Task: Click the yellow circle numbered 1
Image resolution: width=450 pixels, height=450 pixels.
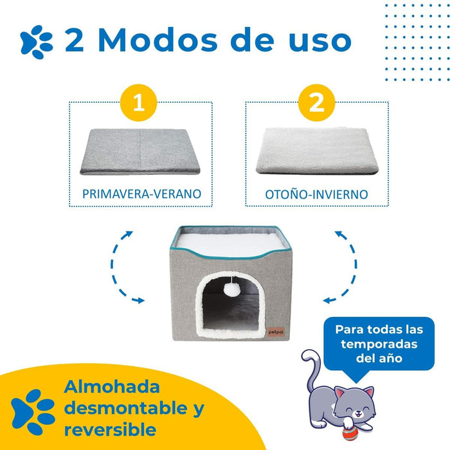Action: pyautogui.click(x=139, y=102)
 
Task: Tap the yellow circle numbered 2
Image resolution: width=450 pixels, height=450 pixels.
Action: pyautogui.click(x=316, y=102)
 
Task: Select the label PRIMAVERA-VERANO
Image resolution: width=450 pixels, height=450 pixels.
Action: pyautogui.click(x=142, y=194)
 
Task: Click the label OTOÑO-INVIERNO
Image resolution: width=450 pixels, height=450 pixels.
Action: pyautogui.click(x=316, y=194)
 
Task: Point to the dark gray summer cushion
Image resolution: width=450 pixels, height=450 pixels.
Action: pyautogui.click(x=140, y=152)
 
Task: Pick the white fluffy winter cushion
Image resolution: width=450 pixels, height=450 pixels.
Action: pyautogui.click(x=317, y=151)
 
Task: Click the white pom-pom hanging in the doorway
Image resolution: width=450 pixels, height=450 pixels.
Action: pyautogui.click(x=232, y=290)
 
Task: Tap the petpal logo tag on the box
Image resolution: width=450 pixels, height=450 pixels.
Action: pyautogui.click(x=276, y=332)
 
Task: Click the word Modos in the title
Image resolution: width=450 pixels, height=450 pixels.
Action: pyautogui.click(x=158, y=40)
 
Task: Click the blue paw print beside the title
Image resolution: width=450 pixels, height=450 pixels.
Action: pyautogui.click(x=37, y=42)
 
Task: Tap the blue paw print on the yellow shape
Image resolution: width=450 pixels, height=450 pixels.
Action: pyautogui.click(x=33, y=411)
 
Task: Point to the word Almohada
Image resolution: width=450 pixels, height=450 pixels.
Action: pyautogui.click(x=112, y=387)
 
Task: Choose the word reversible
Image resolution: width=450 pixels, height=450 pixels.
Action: pyautogui.click(x=110, y=429)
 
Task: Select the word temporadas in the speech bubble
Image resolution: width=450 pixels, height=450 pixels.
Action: pyautogui.click(x=379, y=344)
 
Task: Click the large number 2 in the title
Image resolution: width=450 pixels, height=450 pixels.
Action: pyautogui.click(x=75, y=40)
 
